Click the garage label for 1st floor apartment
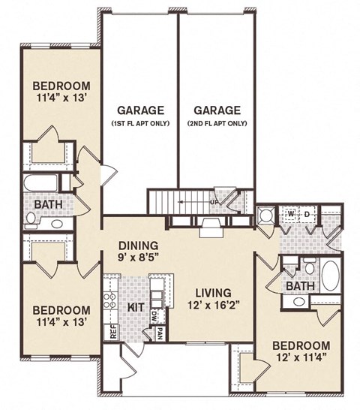click(x=139, y=115)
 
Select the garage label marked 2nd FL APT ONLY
click(x=216, y=115)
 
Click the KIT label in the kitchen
click(x=136, y=307)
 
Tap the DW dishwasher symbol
click(x=154, y=315)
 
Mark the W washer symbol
click(x=290, y=215)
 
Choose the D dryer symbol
click(x=307, y=215)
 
